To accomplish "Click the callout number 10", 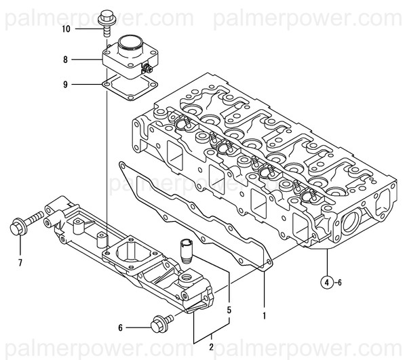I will (65, 29).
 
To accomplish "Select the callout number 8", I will (65, 60).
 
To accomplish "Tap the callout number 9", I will (65, 85).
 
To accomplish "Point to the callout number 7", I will (20, 262).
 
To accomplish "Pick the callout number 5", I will (229, 310).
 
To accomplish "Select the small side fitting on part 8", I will (146, 70).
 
